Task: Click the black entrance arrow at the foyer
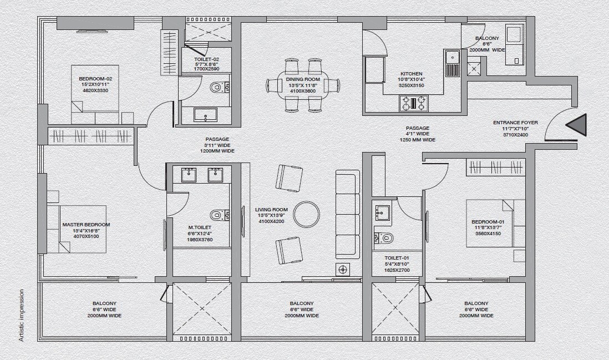pos(577,125)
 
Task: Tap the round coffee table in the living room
pos(306,214)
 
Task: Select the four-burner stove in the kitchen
pos(414,103)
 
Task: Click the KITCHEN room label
pos(412,74)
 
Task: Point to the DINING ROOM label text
pos(303,79)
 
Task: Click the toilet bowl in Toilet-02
pos(219,87)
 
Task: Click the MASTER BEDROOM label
pos(86,225)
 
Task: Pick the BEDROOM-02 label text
pos(95,79)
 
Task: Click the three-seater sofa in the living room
pos(348,214)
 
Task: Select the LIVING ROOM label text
pos(272,210)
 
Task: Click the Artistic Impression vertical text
pos(22,315)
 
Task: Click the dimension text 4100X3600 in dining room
pos(303,91)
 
